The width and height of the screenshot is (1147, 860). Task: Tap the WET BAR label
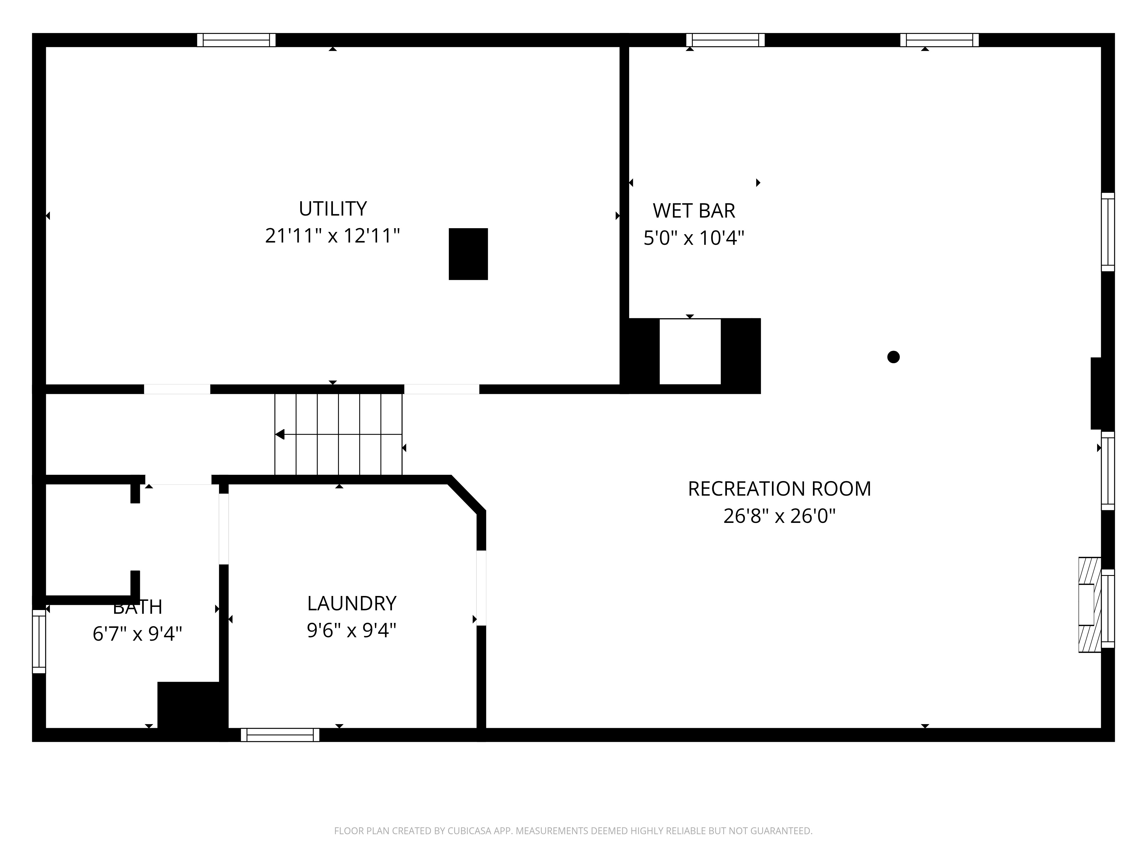pos(694,210)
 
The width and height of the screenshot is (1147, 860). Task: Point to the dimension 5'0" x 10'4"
pos(694,238)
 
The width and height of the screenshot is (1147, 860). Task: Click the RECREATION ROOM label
pos(779,489)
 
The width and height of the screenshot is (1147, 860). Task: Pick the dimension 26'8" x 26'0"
pos(779,516)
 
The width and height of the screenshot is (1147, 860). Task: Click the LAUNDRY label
pos(352,603)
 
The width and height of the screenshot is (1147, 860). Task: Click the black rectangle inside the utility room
pos(468,254)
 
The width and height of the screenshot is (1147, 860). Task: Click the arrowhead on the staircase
pos(280,434)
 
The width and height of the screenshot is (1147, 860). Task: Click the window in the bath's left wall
pos(39,641)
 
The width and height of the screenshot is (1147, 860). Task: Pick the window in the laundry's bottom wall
pos(280,734)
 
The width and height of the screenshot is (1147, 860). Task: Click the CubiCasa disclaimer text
pos(573,831)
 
